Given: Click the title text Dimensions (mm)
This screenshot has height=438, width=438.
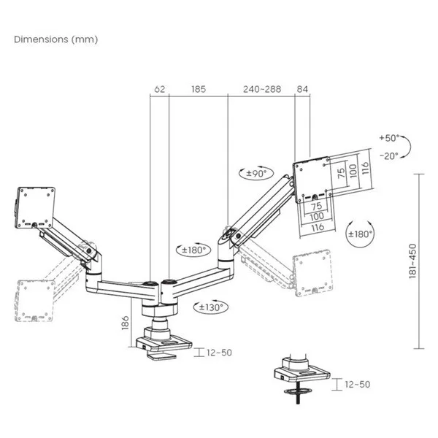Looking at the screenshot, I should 55,39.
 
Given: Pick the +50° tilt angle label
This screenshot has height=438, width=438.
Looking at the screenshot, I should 390,138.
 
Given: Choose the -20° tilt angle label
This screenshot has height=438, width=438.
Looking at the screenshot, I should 390,155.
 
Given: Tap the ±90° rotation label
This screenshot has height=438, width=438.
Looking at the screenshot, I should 256,174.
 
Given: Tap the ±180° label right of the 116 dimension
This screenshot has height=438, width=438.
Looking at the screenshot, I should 359,234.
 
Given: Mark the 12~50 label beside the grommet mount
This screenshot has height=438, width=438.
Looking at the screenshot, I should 356,384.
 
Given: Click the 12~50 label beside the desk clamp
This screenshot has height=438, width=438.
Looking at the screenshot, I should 218,353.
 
